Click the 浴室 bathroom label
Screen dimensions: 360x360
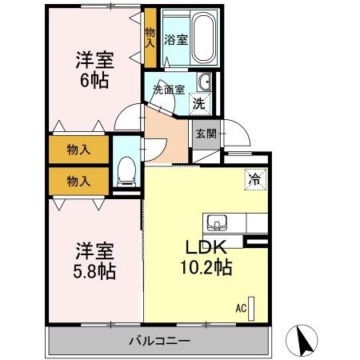[177, 38]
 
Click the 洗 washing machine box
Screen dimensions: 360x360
[198, 102]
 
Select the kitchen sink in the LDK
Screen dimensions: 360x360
[218, 222]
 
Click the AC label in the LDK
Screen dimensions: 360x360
[240, 306]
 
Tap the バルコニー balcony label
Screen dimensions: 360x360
[160, 342]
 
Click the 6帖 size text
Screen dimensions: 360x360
[93, 79]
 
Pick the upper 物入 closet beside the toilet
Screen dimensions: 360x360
[78, 150]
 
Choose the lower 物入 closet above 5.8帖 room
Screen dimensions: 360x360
[78, 180]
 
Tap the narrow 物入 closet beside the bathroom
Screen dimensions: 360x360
[150, 36]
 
